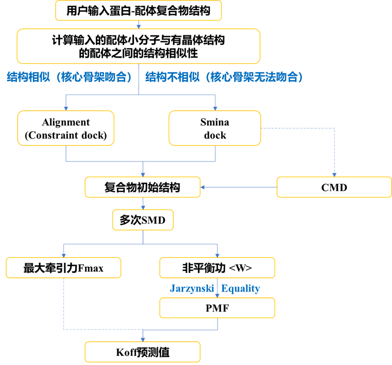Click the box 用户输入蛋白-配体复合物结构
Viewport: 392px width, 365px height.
pyautogui.click(x=138, y=11)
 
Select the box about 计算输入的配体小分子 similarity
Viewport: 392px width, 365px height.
pyautogui.click(x=139, y=46)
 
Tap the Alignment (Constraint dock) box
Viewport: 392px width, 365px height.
pyautogui.click(x=66, y=128)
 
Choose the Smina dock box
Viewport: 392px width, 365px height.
pyautogui.click(x=215, y=128)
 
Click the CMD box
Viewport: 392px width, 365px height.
pyautogui.click(x=334, y=187)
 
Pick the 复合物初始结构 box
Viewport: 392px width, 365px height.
pyautogui.click(x=142, y=187)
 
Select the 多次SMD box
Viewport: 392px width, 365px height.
pyautogui.click(x=143, y=220)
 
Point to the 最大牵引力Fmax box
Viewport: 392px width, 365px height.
pyautogui.click(x=63, y=268)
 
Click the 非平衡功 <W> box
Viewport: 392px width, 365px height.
pyautogui.click(x=217, y=268)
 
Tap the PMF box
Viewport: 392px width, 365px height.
pyautogui.click(x=217, y=308)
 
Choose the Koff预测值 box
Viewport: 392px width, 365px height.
pyautogui.click(x=142, y=352)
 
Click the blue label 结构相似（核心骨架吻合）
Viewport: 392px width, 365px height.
pyautogui.click(x=69, y=77)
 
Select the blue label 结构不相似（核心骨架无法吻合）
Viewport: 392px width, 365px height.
pyautogui.click(x=224, y=77)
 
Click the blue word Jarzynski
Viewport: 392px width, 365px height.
pyautogui.click(x=192, y=288)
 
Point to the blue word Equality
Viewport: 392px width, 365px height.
pyautogui.click(x=241, y=288)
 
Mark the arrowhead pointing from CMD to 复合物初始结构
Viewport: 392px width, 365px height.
pyautogui.click(x=203, y=187)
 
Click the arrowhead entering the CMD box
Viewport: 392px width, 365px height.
pyautogui.click(x=334, y=175)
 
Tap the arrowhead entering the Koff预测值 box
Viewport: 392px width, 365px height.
pyautogui.click(x=143, y=339)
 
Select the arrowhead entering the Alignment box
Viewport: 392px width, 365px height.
pyautogui.click(x=66, y=108)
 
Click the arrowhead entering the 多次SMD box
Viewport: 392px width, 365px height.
pyautogui.click(x=143, y=208)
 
